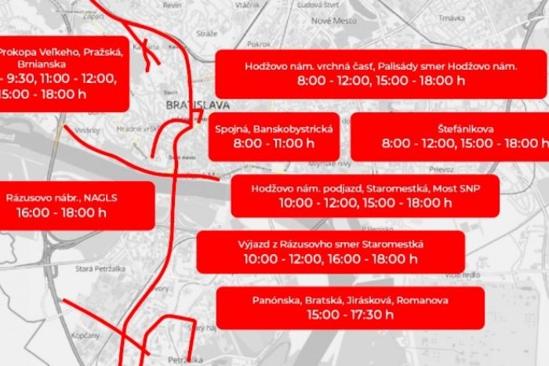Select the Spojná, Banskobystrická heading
click(274, 128)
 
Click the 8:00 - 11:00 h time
click(274, 144)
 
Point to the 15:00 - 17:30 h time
click(351, 315)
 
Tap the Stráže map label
click(206, 34)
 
